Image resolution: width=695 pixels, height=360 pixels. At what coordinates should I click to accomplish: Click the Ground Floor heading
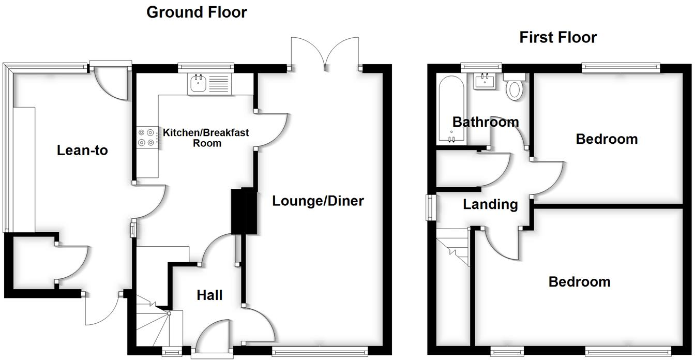[x=197, y=12]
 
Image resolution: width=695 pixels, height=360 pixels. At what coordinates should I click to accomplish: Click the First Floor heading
[x=558, y=37]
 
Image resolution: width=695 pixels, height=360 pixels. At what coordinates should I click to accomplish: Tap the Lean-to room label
[x=82, y=151]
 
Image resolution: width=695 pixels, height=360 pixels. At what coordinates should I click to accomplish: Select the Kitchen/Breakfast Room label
[x=206, y=138]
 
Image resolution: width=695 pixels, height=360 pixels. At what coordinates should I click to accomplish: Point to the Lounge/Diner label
[x=318, y=201]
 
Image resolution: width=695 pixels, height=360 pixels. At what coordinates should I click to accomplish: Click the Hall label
[x=209, y=295]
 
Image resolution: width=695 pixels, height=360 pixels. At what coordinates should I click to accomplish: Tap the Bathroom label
[x=485, y=122]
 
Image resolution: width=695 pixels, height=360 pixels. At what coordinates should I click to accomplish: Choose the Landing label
[x=490, y=204]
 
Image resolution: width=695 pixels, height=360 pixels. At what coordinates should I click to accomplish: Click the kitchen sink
[x=199, y=83]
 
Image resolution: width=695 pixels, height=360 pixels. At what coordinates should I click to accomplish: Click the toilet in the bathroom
[x=515, y=88]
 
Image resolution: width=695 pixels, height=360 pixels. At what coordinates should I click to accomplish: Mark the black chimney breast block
[x=244, y=211]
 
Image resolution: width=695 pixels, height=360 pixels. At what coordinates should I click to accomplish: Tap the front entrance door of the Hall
[x=213, y=341]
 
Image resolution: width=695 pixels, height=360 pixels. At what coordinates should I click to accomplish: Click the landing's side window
[x=430, y=207]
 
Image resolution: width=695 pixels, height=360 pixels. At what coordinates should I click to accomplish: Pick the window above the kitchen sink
[x=205, y=67]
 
